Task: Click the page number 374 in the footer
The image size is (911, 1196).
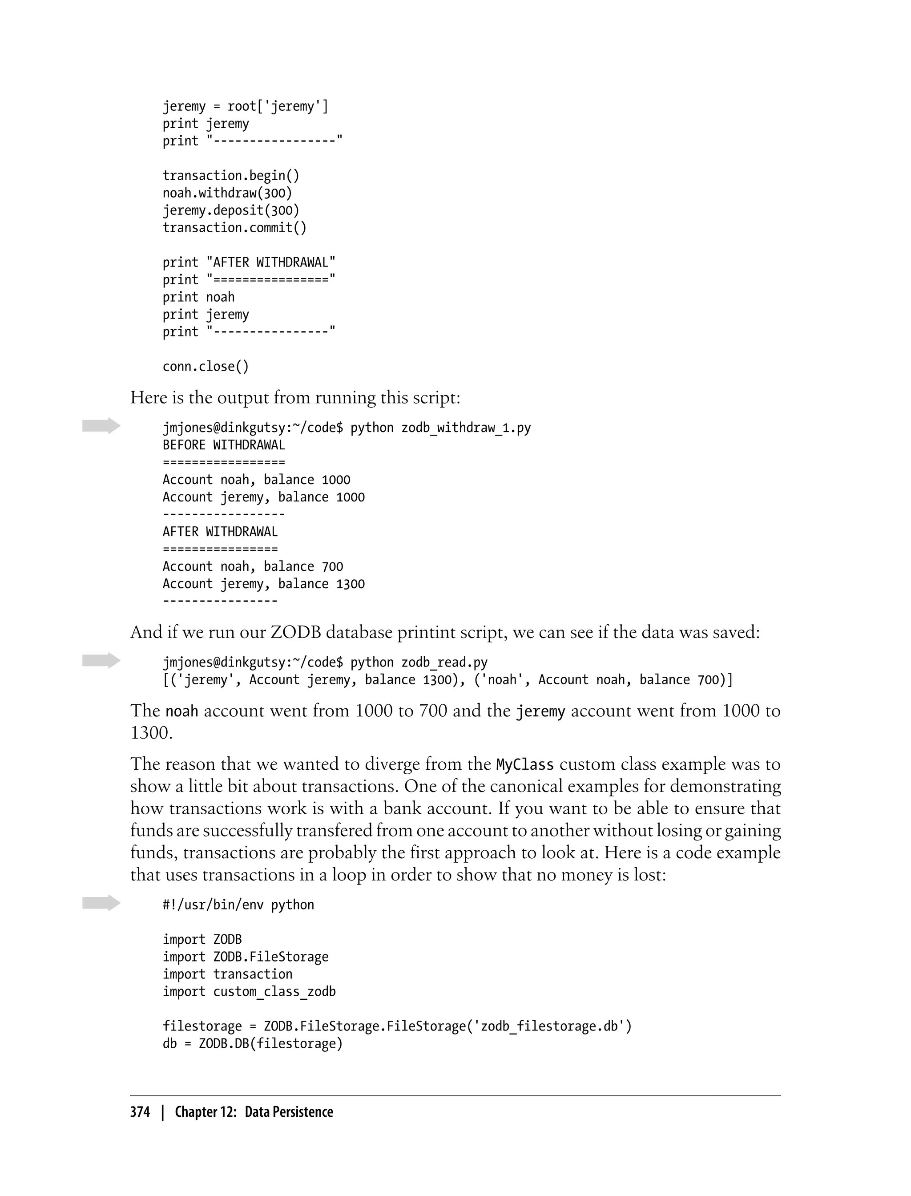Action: [x=140, y=1112]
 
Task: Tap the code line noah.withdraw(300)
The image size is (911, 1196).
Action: [x=227, y=193]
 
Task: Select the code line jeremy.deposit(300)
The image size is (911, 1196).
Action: [x=231, y=210]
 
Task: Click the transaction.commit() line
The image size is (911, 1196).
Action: [x=234, y=228]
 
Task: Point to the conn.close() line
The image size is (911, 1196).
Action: [x=206, y=367]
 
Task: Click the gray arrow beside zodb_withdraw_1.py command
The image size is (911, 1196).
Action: [x=101, y=426]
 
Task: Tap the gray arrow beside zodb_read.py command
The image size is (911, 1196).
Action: [x=101, y=660]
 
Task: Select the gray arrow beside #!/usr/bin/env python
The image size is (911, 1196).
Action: [x=101, y=903]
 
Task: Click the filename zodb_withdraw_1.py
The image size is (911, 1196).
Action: [x=466, y=428]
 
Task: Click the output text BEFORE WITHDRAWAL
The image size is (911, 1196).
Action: [x=223, y=445]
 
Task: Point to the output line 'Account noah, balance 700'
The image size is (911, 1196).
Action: [x=253, y=567]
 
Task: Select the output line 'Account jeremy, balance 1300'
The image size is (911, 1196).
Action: [x=263, y=584]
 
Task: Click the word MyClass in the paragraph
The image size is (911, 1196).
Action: [x=525, y=765]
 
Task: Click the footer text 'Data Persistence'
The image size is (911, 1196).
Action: [x=289, y=1112]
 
